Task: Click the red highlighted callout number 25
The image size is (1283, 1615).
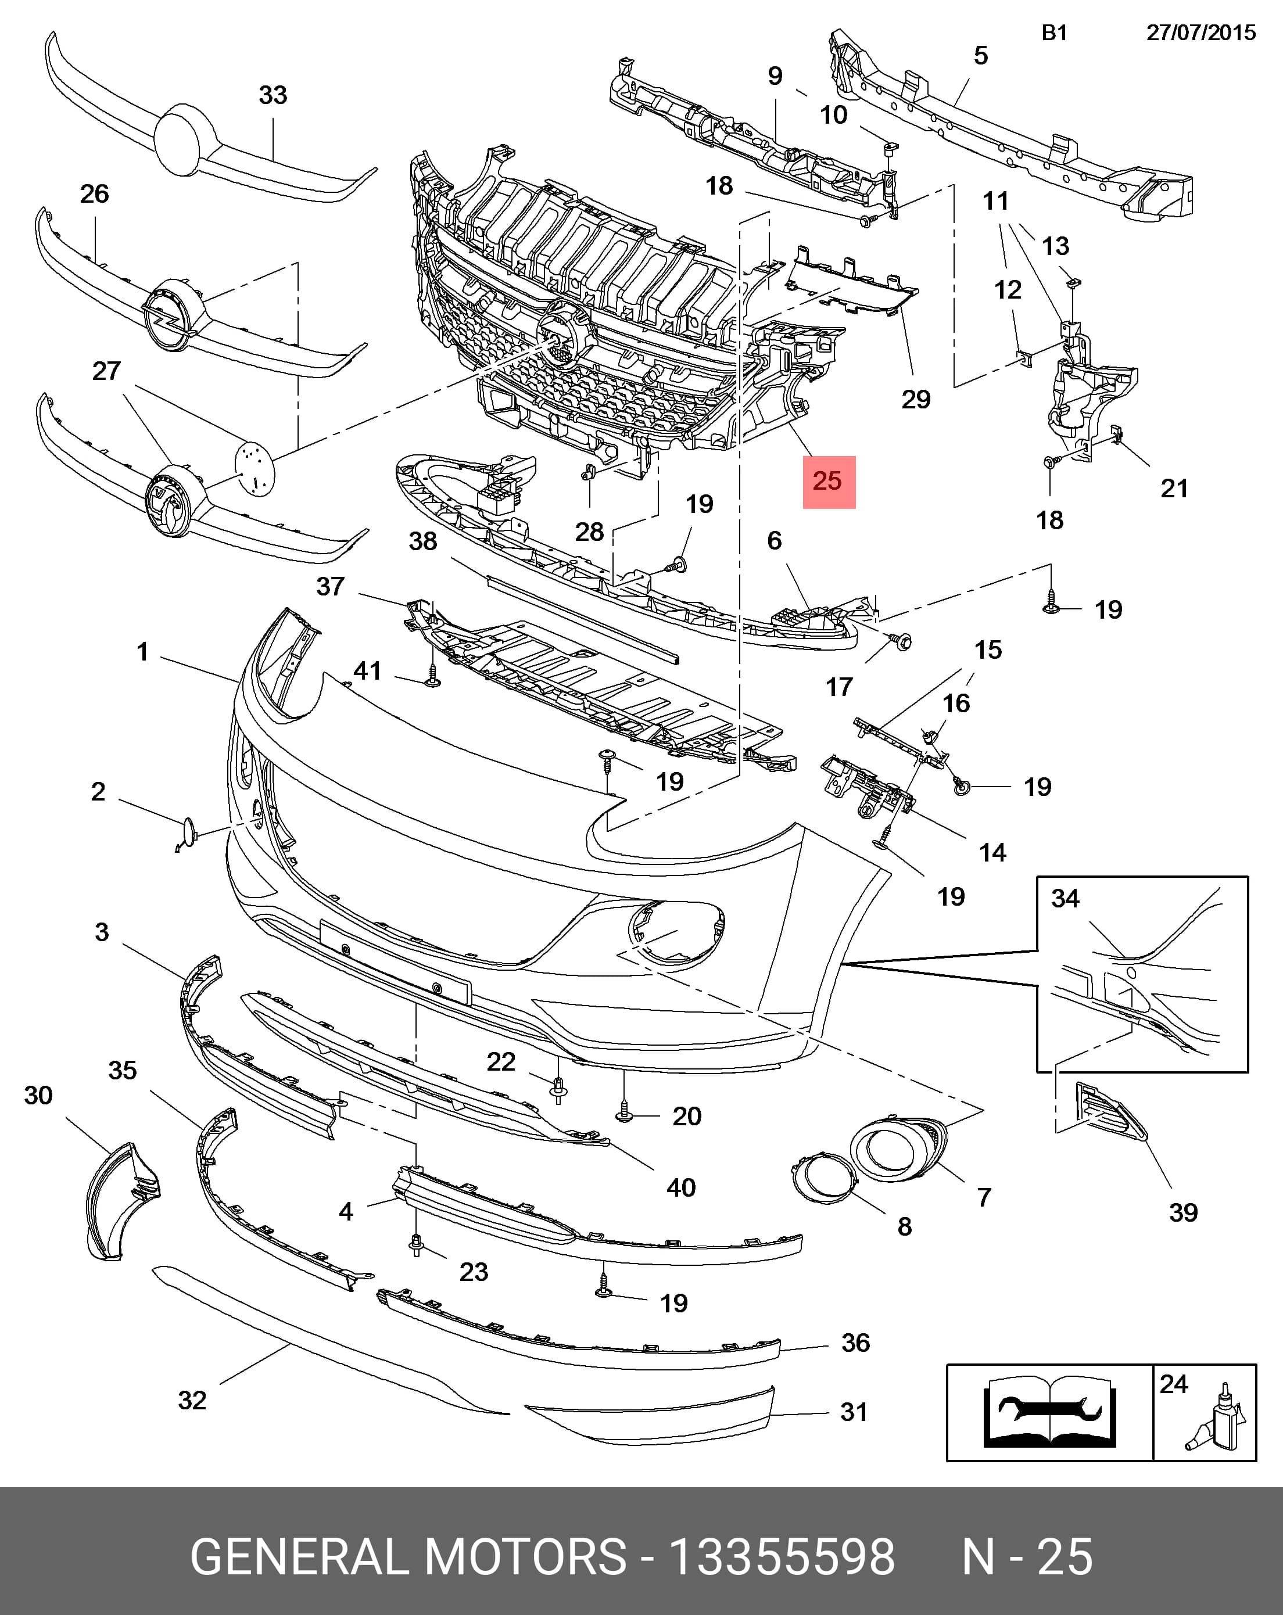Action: (x=828, y=481)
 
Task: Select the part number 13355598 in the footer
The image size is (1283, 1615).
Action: (x=782, y=1556)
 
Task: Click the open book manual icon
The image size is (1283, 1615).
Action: (x=1049, y=1412)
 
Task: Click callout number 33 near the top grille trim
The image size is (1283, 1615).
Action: (x=273, y=95)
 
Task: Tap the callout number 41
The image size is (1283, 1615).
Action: (x=367, y=670)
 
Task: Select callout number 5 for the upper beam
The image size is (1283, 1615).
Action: (x=980, y=55)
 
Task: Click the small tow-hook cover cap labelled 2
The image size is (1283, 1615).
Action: (x=187, y=834)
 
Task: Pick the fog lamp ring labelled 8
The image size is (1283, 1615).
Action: (x=823, y=1178)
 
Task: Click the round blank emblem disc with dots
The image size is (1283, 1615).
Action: (x=255, y=468)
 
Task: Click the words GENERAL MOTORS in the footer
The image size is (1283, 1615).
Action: (x=408, y=1556)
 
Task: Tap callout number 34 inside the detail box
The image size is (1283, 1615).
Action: (x=1065, y=898)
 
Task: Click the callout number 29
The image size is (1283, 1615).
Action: (x=916, y=399)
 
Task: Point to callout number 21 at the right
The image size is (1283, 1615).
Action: (x=1174, y=489)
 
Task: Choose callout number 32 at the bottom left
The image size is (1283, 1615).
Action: (x=192, y=1400)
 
